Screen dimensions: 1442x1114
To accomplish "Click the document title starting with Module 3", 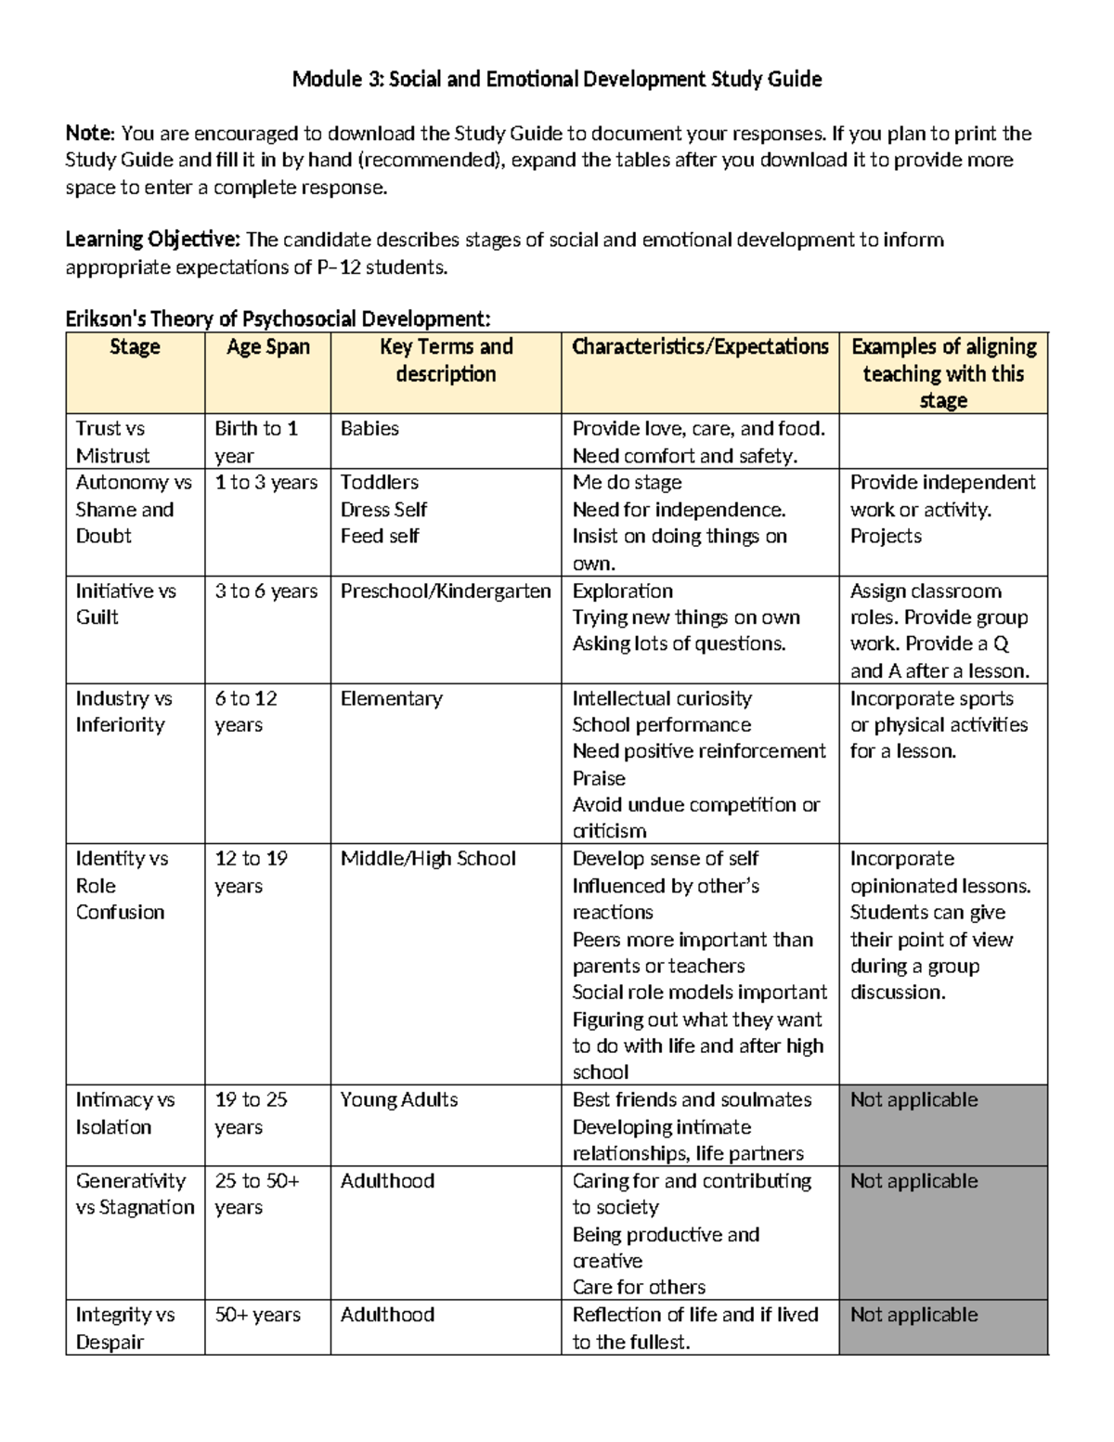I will (x=557, y=79).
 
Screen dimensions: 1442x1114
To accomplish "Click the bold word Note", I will (x=89, y=134).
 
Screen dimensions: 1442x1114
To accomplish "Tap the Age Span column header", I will (x=267, y=347).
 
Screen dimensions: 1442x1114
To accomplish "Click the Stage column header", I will (x=135, y=347).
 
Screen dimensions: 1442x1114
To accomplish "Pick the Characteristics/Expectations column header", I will (x=700, y=347).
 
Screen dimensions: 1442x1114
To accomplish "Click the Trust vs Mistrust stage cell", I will (x=112, y=442).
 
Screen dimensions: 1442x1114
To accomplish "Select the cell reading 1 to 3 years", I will (x=266, y=483).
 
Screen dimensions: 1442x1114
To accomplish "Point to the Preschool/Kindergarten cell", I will (x=446, y=591).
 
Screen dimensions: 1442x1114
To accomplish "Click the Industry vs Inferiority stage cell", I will (x=123, y=711).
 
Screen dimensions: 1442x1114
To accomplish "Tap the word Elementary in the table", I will (x=391, y=698).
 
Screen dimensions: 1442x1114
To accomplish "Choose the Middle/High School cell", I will (x=428, y=859).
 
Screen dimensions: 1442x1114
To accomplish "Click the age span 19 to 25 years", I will (x=251, y=1112).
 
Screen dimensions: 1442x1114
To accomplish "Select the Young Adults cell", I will (x=399, y=1100).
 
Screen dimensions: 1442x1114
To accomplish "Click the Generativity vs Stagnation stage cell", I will (x=135, y=1194).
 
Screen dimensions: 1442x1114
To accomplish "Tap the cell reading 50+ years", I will (x=258, y=1315).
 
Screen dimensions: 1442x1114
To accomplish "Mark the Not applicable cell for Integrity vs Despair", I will (x=913, y=1315).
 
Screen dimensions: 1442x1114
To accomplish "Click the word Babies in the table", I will (x=369, y=429).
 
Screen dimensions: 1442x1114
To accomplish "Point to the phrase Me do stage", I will (x=627, y=483).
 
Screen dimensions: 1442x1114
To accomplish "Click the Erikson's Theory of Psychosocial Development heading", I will (x=278, y=319).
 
